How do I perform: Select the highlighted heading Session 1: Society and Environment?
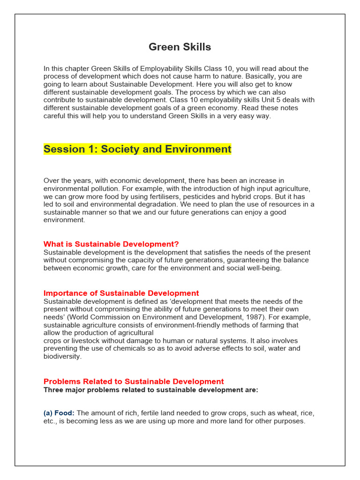pos(137,150)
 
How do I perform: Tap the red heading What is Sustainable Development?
pos(111,244)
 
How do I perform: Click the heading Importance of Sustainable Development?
pos(121,293)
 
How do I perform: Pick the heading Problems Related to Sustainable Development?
pos(134,382)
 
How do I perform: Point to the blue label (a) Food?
pos(59,413)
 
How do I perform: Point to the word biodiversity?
pos(62,356)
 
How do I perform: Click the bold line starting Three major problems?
pos(150,390)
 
